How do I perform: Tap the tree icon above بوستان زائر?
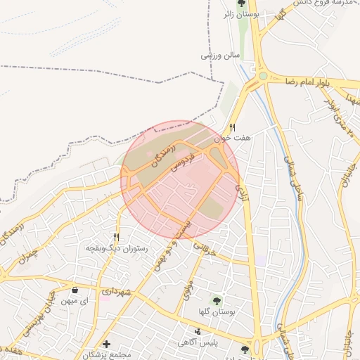click(x=242, y=3)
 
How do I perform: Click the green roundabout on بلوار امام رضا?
click(x=262, y=76)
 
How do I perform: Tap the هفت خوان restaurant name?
click(x=233, y=139)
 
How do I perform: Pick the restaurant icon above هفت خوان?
click(x=233, y=127)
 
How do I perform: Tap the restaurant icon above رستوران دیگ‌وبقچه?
click(x=117, y=238)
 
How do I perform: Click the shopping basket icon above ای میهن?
click(x=75, y=290)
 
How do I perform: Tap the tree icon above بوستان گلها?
click(x=217, y=301)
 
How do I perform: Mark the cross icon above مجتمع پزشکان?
click(x=105, y=345)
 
